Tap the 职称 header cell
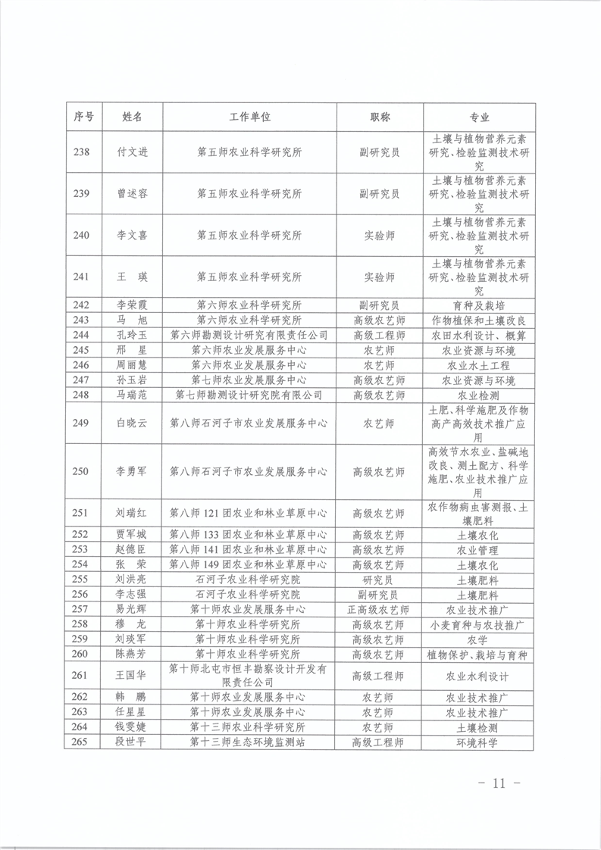[380, 117]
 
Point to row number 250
[81, 471]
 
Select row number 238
[81, 152]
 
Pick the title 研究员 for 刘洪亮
[380, 580]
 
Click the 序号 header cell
[83, 117]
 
